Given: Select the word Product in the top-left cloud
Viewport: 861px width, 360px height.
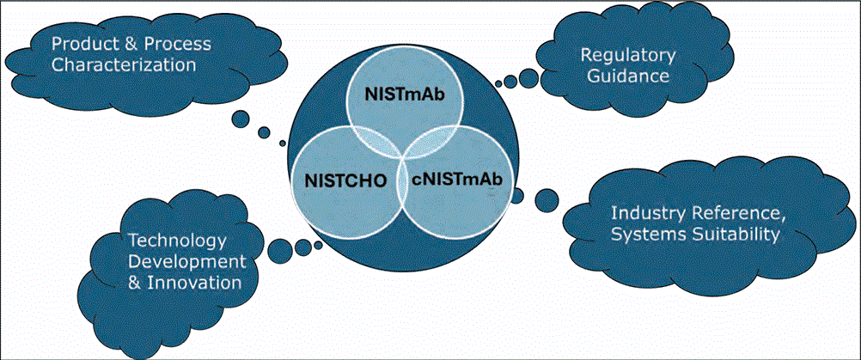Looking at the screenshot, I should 81,43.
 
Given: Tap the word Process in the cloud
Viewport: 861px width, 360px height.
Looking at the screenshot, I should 180,43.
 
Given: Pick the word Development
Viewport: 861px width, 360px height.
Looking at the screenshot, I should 186,260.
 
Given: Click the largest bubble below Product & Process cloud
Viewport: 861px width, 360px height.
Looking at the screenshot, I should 241,119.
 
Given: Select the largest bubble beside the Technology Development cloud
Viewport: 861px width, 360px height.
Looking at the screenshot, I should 279,251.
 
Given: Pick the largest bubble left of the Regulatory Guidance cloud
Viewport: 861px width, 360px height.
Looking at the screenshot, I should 525,75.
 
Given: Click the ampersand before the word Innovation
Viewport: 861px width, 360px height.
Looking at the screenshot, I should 133,282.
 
